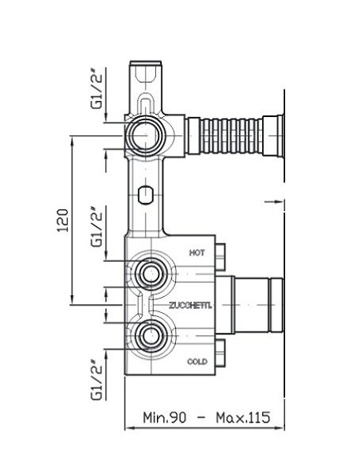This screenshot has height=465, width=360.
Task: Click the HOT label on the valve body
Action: pos(197,252)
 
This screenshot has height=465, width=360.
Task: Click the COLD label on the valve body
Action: pos(198,361)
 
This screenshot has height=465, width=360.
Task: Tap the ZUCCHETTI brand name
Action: pos(190,305)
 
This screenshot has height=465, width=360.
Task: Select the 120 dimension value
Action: pos(63,221)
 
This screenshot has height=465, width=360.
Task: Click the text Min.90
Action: pos(165,417)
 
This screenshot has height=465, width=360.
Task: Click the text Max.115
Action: pos(243,417)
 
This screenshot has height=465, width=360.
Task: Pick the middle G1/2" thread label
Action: pos(96,227)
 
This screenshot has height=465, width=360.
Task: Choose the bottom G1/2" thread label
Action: pos(96,381)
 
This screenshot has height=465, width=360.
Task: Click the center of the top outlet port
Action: pos(145,135)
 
